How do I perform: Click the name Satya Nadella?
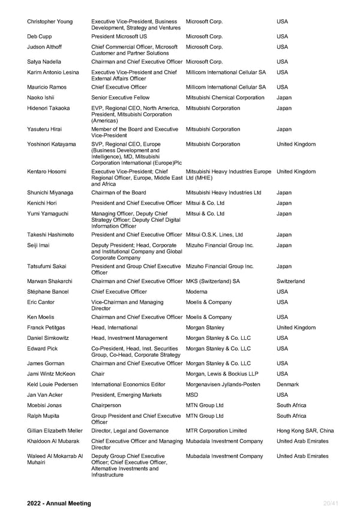(x=47, y=62)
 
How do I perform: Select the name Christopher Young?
(x=50, y=22)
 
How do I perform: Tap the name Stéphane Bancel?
(x=48, y=292)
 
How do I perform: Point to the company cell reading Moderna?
(x=199, y=292)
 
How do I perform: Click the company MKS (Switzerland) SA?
(x=213, y=281)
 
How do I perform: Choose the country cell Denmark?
(x=288, y=384)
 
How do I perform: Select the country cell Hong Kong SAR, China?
(x=305, y=430)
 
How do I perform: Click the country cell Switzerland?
(x=290, y=281)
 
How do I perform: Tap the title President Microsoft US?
(x=119, y=36)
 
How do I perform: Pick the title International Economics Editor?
(x=129, y=384)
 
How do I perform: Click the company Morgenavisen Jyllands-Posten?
(x=223, y=384)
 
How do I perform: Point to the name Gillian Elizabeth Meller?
(x=55, y=430)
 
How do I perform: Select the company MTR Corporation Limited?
(x=216, y=430)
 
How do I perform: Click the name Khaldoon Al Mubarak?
(x=55, y=441)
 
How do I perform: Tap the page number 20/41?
(x=331, y=504)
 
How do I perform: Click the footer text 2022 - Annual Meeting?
(x=59, y=504)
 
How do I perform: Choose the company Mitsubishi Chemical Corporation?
(x=225, y=98)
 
